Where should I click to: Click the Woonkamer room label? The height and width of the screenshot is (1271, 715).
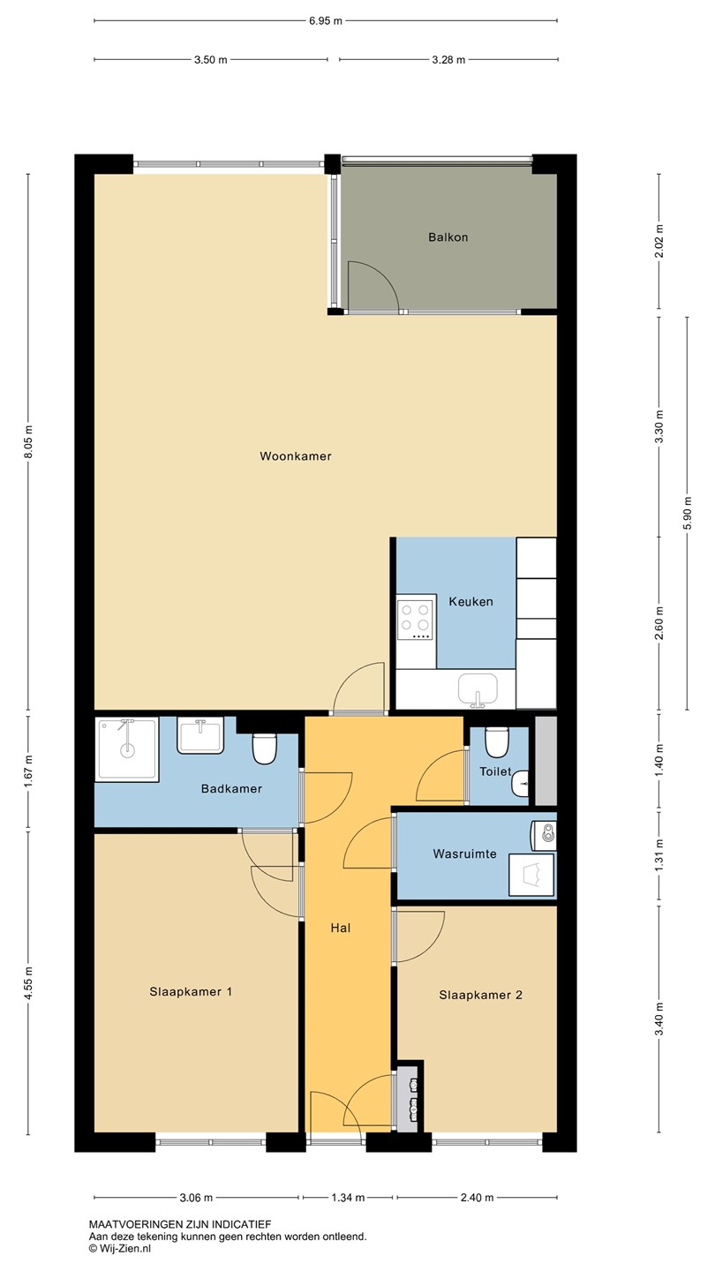(295, 456)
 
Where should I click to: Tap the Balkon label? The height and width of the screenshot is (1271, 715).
(448, 237)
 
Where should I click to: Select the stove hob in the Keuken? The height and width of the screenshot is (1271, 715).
(416, 620)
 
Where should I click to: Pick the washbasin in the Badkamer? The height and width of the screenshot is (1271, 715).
(200, 736)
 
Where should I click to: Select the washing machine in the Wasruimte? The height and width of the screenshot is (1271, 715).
(531, 875)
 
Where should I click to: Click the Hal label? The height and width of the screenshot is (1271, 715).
(341, 929)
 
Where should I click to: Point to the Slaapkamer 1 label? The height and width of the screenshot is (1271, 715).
(191, 992)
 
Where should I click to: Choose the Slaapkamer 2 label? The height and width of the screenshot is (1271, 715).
(480, 995)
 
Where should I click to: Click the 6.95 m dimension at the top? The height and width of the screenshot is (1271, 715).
(326, 21)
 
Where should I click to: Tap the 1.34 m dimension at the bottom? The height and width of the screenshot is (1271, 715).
(348, 1198)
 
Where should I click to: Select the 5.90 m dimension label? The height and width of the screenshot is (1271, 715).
(688, 513)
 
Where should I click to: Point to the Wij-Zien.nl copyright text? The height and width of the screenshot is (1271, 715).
(120, 1248)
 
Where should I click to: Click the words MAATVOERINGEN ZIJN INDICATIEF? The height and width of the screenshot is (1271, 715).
(180, 1225)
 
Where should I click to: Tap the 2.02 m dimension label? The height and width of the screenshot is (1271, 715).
(659, 241)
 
